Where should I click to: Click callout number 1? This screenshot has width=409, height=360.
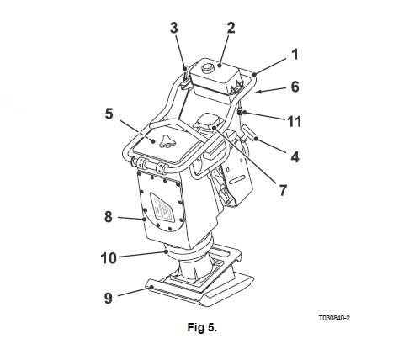click(295, 55)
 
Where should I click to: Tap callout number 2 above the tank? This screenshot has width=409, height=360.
click(231, 28)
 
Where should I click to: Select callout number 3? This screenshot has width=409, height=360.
click(174, 28)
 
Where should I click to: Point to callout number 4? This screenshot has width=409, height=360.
click(295, 157)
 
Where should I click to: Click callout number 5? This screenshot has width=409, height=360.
click(109, 114)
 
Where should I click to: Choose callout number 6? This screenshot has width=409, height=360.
click(295, 87)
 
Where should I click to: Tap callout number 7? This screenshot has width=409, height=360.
click(283, 190)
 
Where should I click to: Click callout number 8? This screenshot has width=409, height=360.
click(109, 217)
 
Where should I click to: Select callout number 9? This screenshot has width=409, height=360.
click(109, 298)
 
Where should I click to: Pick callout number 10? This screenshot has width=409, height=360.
click(109, 258)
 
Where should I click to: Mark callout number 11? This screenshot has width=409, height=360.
click(295, 122)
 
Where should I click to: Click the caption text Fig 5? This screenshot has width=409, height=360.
click(202, 327)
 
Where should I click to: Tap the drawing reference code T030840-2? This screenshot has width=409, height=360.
click(334, 318)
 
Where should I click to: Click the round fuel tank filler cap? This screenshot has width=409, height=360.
click(208, 67)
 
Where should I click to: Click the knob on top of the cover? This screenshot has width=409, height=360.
click(167, 141)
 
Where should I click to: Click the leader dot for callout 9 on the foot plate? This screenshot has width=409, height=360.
click(151, 287)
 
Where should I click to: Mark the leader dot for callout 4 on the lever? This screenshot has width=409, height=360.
click(256, 139)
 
